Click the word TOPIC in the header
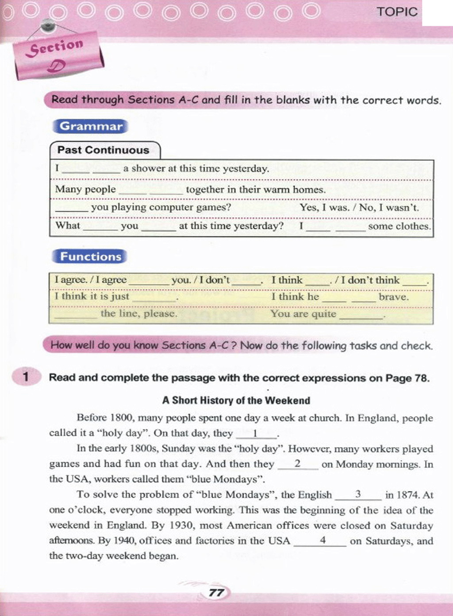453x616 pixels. point(397,12)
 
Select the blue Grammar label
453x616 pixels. point(91,126)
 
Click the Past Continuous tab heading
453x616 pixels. point(104,150)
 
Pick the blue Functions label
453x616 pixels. point(90,257)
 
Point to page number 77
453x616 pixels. point(216,593)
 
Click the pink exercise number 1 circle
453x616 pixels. point(26,377)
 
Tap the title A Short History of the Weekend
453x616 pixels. point(236,401)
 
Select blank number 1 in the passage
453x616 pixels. point(256,434)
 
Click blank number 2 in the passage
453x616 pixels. point(298,464)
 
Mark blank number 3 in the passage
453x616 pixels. point(358,495)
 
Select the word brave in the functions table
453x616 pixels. point(393,297)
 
